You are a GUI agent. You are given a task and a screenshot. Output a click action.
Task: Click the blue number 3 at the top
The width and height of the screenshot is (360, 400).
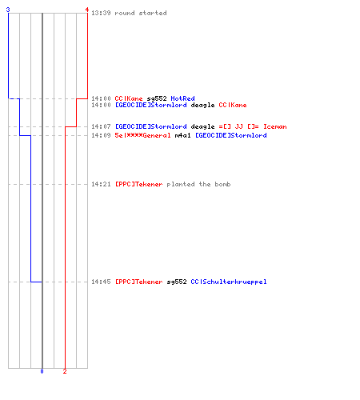coord(8,10)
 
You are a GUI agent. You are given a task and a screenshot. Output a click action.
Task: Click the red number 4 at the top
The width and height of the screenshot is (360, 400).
coord(86,10)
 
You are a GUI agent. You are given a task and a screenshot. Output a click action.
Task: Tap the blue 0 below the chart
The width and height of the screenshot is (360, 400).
coord(42,371)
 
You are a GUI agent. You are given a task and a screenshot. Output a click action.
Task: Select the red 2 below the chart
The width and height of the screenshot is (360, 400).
coord(65,371)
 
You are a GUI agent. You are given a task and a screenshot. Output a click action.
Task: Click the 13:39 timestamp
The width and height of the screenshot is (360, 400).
coord(101,13)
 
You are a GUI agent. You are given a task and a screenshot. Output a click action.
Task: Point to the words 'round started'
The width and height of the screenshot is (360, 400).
coord(141,13)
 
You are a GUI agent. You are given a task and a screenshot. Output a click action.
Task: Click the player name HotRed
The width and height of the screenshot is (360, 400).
coord(182,98)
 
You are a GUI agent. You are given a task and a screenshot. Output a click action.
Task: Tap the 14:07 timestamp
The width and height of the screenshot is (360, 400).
coord(101,126)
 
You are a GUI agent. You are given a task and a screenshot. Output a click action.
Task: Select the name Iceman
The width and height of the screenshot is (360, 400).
coord(275,126)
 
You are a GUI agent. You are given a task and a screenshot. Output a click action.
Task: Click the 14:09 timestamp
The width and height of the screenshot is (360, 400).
coord(101,135)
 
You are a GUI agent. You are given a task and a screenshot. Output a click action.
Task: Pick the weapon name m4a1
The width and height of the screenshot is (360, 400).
coord(183,135)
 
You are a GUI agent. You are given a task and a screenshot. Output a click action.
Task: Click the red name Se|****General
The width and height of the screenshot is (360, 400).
coord(142,135)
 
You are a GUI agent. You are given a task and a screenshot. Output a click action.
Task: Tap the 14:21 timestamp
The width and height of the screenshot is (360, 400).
coord(101,184)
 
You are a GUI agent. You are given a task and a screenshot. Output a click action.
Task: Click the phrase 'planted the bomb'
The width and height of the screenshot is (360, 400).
coord(198,184)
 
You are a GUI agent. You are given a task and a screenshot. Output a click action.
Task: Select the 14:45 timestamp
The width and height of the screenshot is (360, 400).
coord(101,282)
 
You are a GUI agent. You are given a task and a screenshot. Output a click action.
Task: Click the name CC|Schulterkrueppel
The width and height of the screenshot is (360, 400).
coord(229,282)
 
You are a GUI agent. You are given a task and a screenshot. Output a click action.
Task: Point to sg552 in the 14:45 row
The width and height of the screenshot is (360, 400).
coord(177,282)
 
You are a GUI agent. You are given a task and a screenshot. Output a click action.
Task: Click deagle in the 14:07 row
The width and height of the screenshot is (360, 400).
coord(202,126)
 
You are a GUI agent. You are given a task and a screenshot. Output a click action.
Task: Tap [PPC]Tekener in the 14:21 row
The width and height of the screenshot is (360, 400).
coord(138,184)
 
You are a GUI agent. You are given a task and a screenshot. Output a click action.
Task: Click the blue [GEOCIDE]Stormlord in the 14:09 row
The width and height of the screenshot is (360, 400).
coord(231,135)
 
